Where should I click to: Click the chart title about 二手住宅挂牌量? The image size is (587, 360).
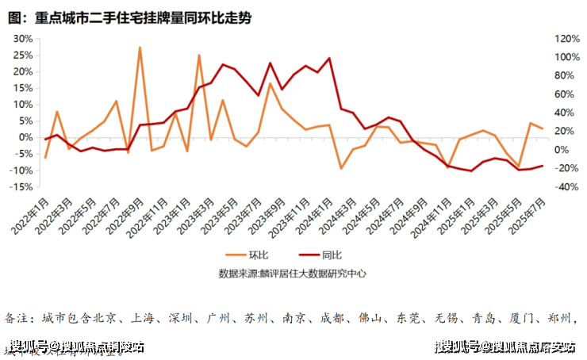tap(131, 17)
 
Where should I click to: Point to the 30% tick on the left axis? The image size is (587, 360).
tap(23, 39)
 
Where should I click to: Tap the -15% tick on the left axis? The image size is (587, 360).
tap(21, 187)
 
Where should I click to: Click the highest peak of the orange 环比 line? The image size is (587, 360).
tap(140, 48)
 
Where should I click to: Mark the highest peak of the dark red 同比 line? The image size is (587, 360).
tap(329, 59)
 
